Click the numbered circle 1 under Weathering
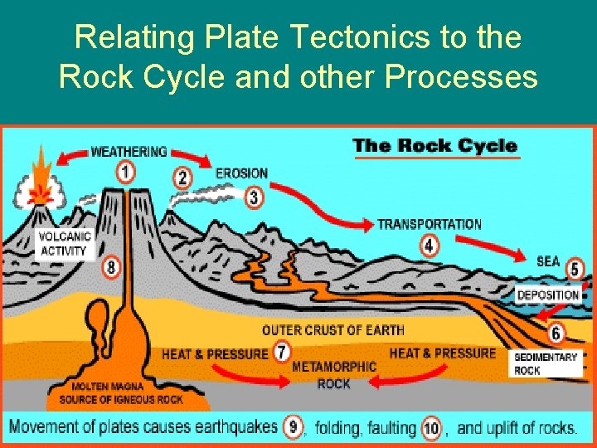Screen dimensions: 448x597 pyautogui.click(x=125, y=172)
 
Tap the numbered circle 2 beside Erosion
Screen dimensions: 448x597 pyautogui.click(x=183, y=177)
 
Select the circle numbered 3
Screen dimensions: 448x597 pyautogui.click(x=255, y=197)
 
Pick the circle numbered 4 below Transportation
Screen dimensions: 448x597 pyautogui.click(x=429, y=245)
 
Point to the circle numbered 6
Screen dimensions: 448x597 pyautogui.click(x=556, y=333)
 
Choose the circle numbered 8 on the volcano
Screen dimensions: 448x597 pyautogui.click(x=112, y=267)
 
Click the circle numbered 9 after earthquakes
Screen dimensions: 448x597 pyautogui.click(x=292, y=427)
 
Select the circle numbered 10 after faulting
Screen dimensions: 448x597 pyautogui.click(x=431, y=427)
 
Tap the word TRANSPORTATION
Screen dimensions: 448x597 pyautogui.click(x=429, y=224)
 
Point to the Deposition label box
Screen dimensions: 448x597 pyautogui.click(x=548, y=295)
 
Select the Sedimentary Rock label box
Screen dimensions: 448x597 pyautogui.click(x=546, y=363)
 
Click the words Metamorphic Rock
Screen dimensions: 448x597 pyautogui.click(x=334, y=375)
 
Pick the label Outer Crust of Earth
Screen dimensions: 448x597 pyautogui.click(x=333, y=330)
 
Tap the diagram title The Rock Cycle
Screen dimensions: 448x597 pyautogui.click(x=434, y=146)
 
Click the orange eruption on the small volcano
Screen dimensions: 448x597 pyautogui.click(x=38, y=183)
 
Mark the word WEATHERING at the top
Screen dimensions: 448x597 pyautogui.click(x=129, y=152)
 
